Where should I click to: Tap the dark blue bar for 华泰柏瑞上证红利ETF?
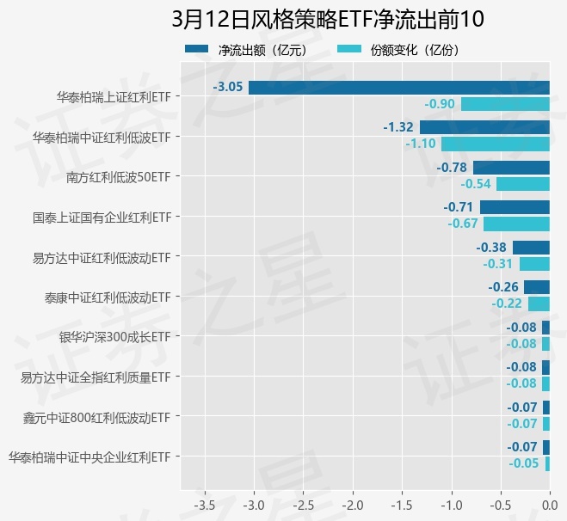[398, 87]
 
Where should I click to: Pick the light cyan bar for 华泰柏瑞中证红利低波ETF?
[495, 144]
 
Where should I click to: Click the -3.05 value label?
[228, 87]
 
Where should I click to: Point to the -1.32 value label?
[398, 127]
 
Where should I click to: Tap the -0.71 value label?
[459, 207]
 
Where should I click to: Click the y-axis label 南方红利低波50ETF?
[118, 178]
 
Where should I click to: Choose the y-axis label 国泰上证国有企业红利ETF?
[102, 218]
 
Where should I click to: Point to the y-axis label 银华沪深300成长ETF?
[114, 337]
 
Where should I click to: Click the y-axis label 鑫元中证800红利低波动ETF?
[96, 418]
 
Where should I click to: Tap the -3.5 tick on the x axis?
[205, 503]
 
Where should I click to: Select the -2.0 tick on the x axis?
[353, 503]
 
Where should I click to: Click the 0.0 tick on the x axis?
[549, 503]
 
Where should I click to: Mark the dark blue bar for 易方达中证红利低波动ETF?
[531, 248]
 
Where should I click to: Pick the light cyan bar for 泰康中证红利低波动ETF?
[539, 303]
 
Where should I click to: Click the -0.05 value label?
[523, 463]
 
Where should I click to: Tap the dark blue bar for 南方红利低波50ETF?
[511, 168]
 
